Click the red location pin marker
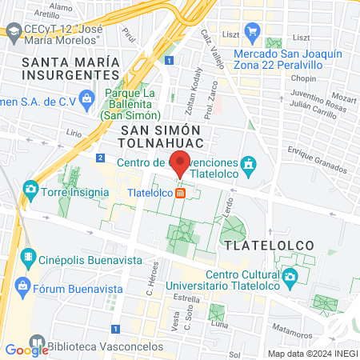pyautogui.click(x=180, y=162)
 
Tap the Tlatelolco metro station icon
pyautogui.click(x=181, y=193)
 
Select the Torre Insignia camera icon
pyautogui.click(x=31, y=190)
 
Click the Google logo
pyautogui.click(x=26, y=350)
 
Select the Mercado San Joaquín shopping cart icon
pyautogui.click(x=253, y=34)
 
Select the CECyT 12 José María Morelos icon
pyautogui.click(x=14, y=31)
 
